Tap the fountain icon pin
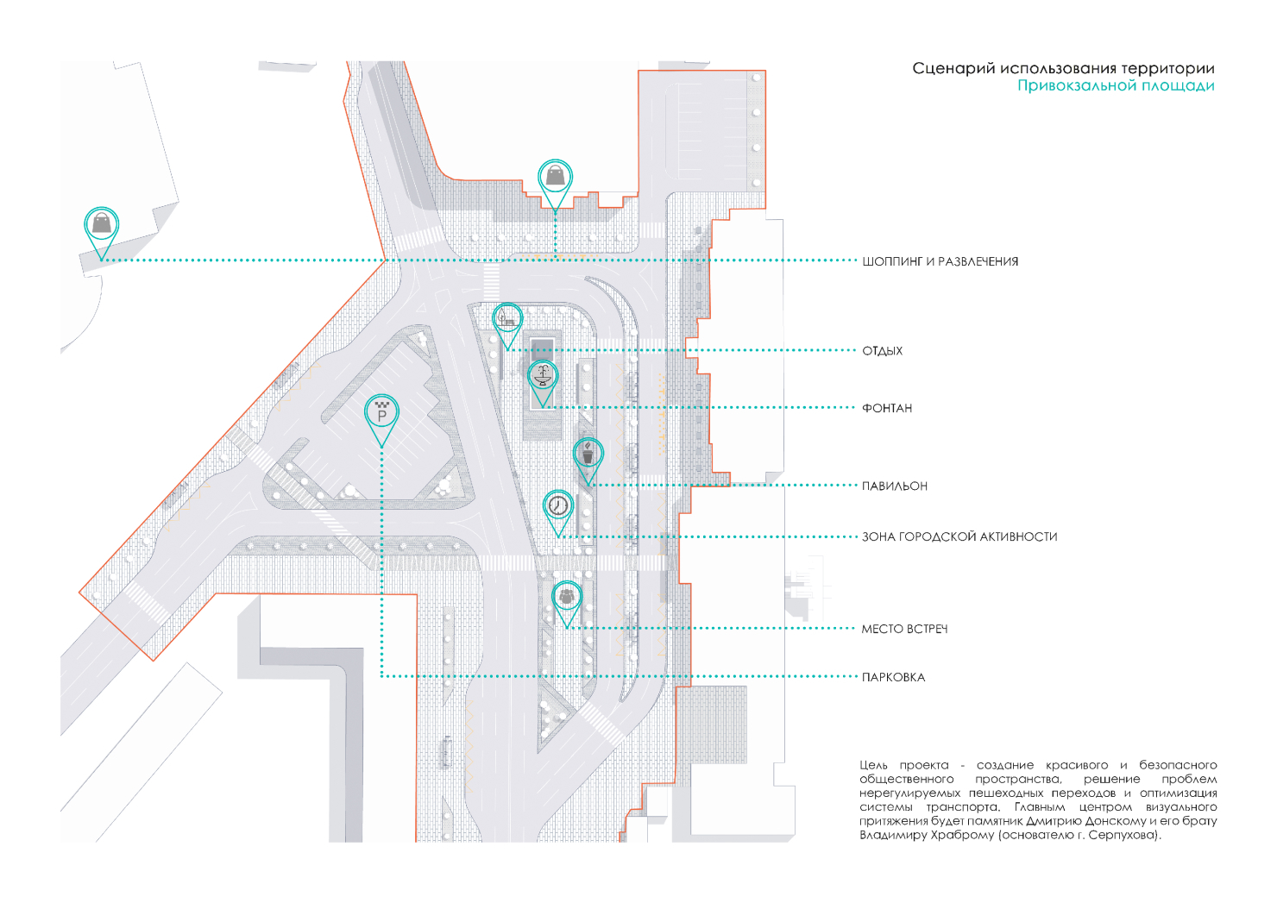tap(543, 377)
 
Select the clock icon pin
tap(558, 506)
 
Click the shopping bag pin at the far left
tap(102, 224)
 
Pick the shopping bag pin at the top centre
tap(555, 178)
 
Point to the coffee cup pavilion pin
tap(588, 455)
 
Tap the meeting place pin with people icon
tap(567, 597)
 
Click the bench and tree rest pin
tap(507, 319)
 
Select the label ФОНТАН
tap(887, 408)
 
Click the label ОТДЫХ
tap(882, 351)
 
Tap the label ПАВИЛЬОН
tap(894, 486)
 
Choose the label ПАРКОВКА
tap(893, 678)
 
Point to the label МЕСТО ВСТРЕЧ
tap(904, 629)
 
